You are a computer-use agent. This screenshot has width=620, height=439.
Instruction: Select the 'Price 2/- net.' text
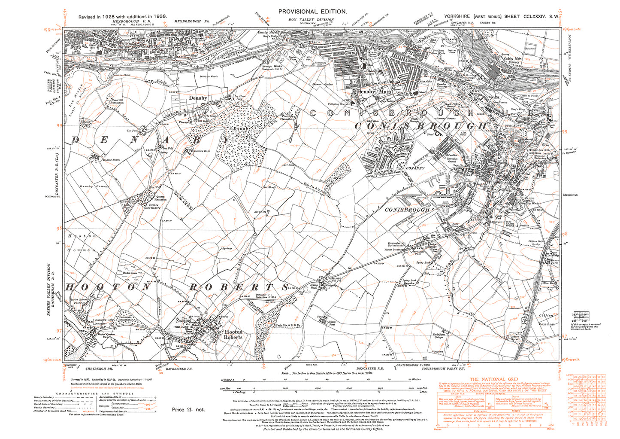188,409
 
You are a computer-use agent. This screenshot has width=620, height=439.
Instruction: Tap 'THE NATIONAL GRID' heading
492,379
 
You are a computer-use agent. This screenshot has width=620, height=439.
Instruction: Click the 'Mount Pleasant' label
394,249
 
